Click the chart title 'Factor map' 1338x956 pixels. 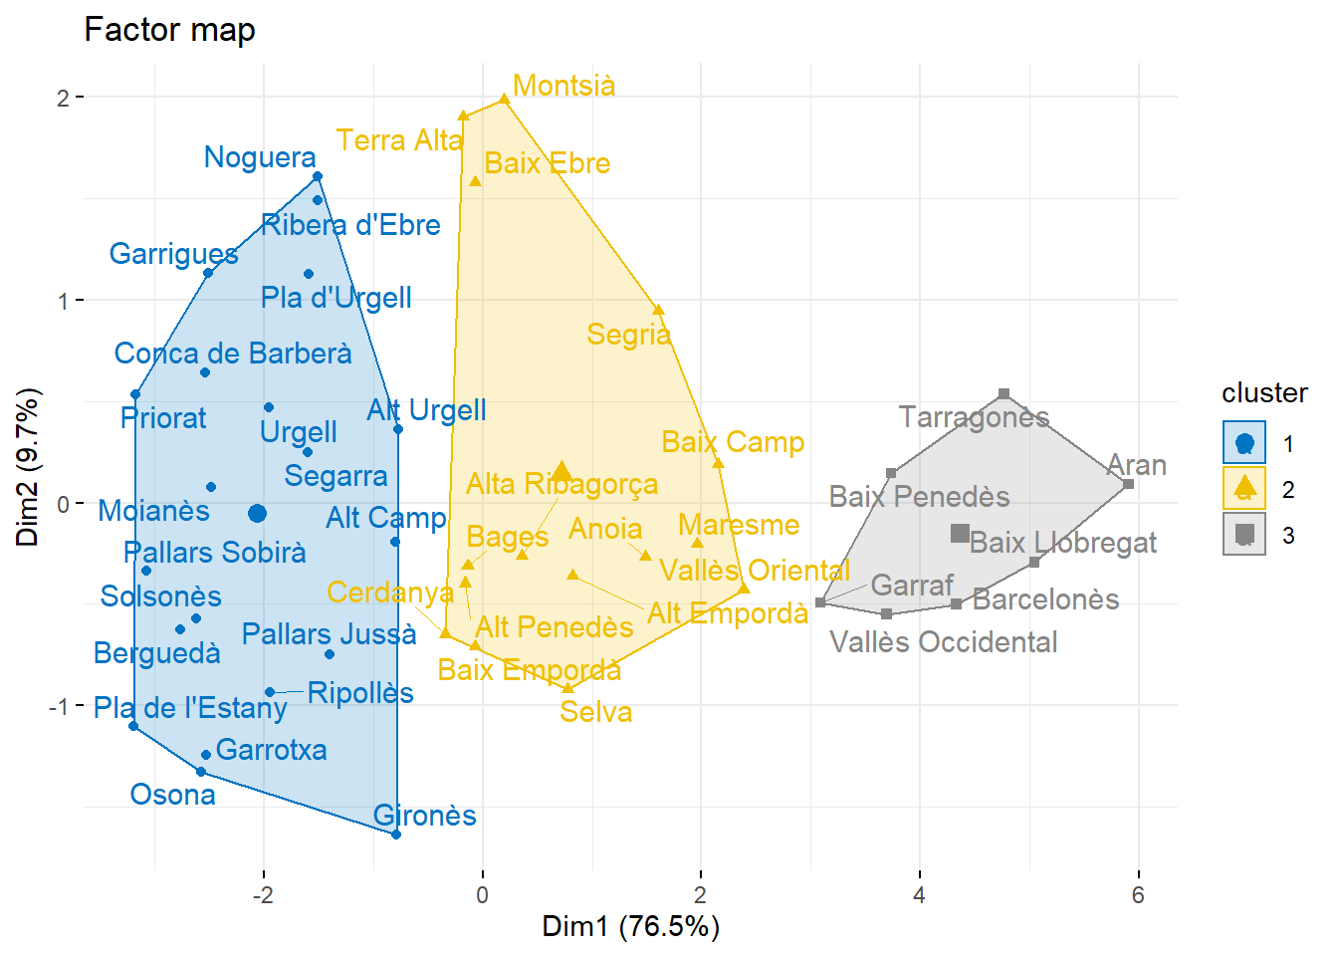tap(169, 30)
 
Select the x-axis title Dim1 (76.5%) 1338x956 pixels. tap(630, 926)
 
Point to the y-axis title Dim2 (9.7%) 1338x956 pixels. tap(27, 467)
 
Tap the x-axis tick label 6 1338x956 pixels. tap(1137, 894)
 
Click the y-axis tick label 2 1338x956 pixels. tap(63, 98)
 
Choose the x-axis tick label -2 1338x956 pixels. tap(262, 894)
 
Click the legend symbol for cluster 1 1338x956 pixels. tap(1244, 443)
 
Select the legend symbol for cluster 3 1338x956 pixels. tap(1244, 535)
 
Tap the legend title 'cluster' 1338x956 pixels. tap(1264, 392)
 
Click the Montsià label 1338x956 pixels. tap(563, 86)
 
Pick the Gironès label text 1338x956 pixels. tap(424, 816)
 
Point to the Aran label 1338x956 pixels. tap(1136, 465)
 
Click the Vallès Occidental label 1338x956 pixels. tap(943, 642)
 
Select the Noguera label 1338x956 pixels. tap(260, 157)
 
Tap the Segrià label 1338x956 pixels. tap(628, 335)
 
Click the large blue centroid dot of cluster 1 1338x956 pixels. tap(257, 513)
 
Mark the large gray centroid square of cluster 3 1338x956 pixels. tap(960, 534)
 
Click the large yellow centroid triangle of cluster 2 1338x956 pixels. tap(562, 471)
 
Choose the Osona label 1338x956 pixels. tap(172, 795)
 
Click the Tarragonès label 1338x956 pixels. tap(974, 417)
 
